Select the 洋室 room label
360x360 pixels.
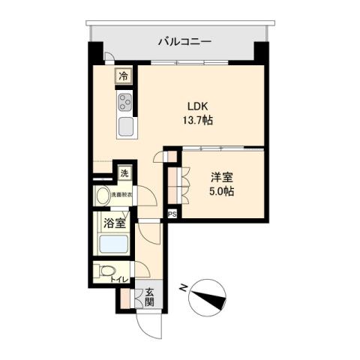click(221, 178)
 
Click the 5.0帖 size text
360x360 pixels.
click(221, 192)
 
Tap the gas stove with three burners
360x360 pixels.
click(124, 102)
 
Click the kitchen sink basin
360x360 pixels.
click(124, 125)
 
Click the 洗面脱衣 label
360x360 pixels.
click(121, 196)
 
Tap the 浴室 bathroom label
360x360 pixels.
click(114, 223)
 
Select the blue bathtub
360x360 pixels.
click(113, 245)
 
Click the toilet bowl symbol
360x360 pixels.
click(105, 271)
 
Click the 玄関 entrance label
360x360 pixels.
click(148, 298)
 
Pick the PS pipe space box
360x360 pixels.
click(172, 214)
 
